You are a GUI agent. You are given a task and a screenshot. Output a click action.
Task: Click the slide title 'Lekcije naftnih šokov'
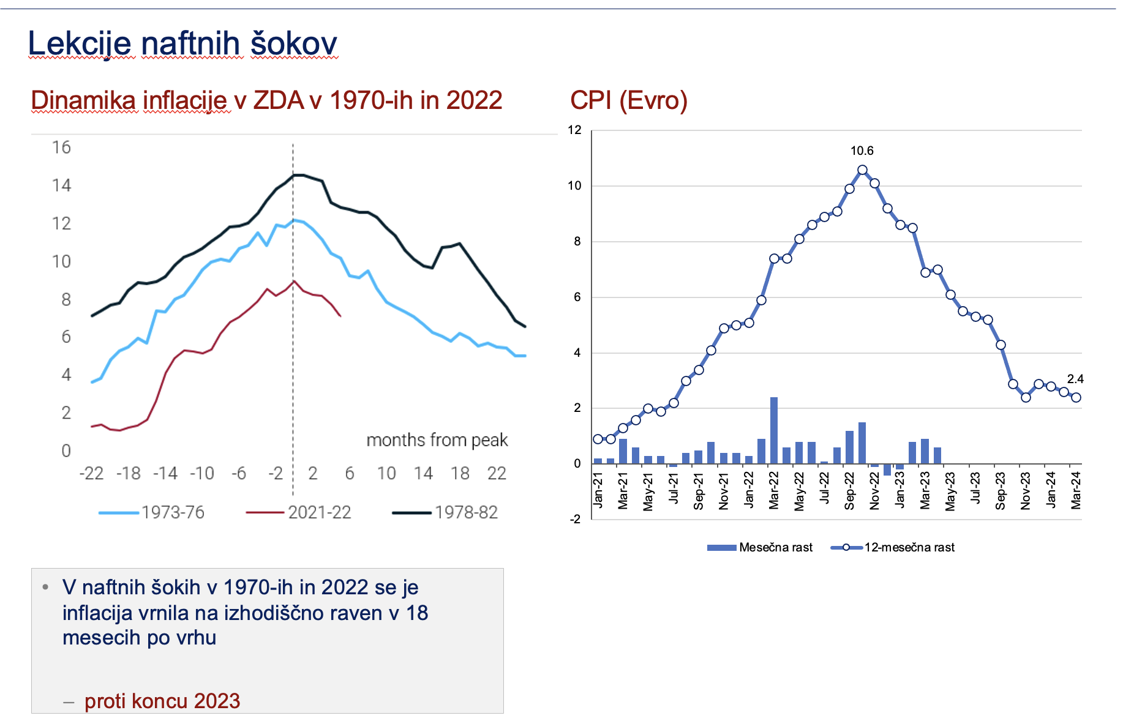[182, 43]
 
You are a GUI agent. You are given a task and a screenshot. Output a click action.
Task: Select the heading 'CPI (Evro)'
[628, 100]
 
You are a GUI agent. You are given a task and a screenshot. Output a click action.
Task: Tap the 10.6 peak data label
[862, 151]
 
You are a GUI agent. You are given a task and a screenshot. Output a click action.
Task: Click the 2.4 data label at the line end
[1075, 379]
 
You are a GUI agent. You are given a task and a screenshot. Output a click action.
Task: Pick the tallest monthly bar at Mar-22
[774, 430]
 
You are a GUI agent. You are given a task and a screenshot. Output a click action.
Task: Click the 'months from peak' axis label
[437, 440]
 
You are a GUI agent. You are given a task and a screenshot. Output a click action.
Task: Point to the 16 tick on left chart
[61, 148]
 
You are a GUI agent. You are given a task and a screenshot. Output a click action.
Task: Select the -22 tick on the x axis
[91, 473]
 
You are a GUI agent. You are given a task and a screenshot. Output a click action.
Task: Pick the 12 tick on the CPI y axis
[574, 130]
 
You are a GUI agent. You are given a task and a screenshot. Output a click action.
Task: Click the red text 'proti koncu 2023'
[162, 701]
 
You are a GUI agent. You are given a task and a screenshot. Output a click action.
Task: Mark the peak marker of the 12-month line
[862, 170]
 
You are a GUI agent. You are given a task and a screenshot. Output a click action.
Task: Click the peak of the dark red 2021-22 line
[295, 281]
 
